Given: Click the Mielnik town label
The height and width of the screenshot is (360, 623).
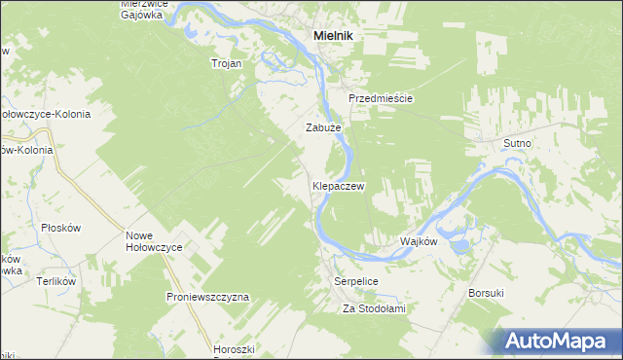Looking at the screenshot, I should pyautogui.click(x=333, y=35).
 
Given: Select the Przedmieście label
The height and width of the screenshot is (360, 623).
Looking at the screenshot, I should pyautogui.click(x=382, y=99).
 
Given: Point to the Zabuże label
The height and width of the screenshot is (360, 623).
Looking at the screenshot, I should pyautogui.click(x=323, y=127).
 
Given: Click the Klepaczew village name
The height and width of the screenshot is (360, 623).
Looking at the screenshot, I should pyautogui.click(x=338, y=185).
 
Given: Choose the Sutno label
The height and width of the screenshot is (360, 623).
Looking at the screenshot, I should pyautogui.click(x=517, y=143).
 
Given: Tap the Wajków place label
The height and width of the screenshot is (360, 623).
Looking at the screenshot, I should pyautogui.click(x=420, y=241).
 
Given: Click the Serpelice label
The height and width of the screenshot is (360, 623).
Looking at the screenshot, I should pyautogui.click(x=355, y=280).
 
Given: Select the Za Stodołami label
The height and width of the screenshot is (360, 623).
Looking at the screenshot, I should pyautogui.click(x=373, y=308).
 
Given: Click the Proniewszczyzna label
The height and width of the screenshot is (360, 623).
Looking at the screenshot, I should pyautogui.click(x=208, y=296).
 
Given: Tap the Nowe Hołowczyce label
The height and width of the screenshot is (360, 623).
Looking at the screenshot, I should pyautogui.click(x=155, y=241).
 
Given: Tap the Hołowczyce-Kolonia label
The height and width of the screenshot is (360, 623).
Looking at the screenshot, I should pyautogui.click(x=45, y=114).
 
